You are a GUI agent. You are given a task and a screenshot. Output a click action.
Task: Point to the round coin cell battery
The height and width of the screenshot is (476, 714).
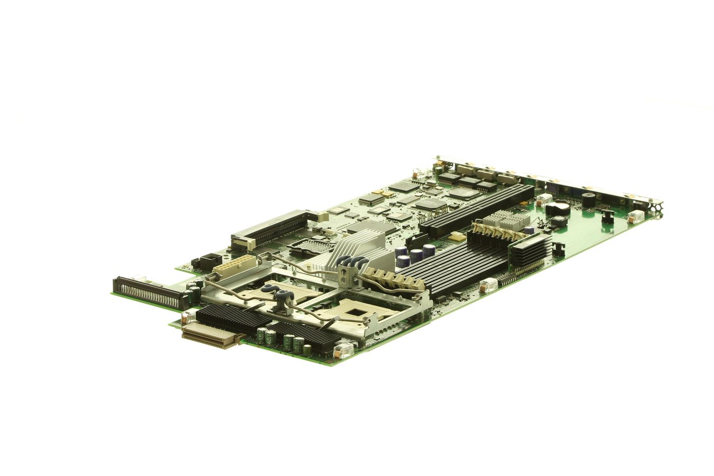coord(559,209)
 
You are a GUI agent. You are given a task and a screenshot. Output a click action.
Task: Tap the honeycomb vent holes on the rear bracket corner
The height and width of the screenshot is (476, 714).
coord(657,207)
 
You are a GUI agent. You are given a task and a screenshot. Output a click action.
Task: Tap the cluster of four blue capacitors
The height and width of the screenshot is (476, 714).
coord(416,254)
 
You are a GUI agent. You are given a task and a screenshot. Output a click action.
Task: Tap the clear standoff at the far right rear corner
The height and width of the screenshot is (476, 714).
coord(637,216)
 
